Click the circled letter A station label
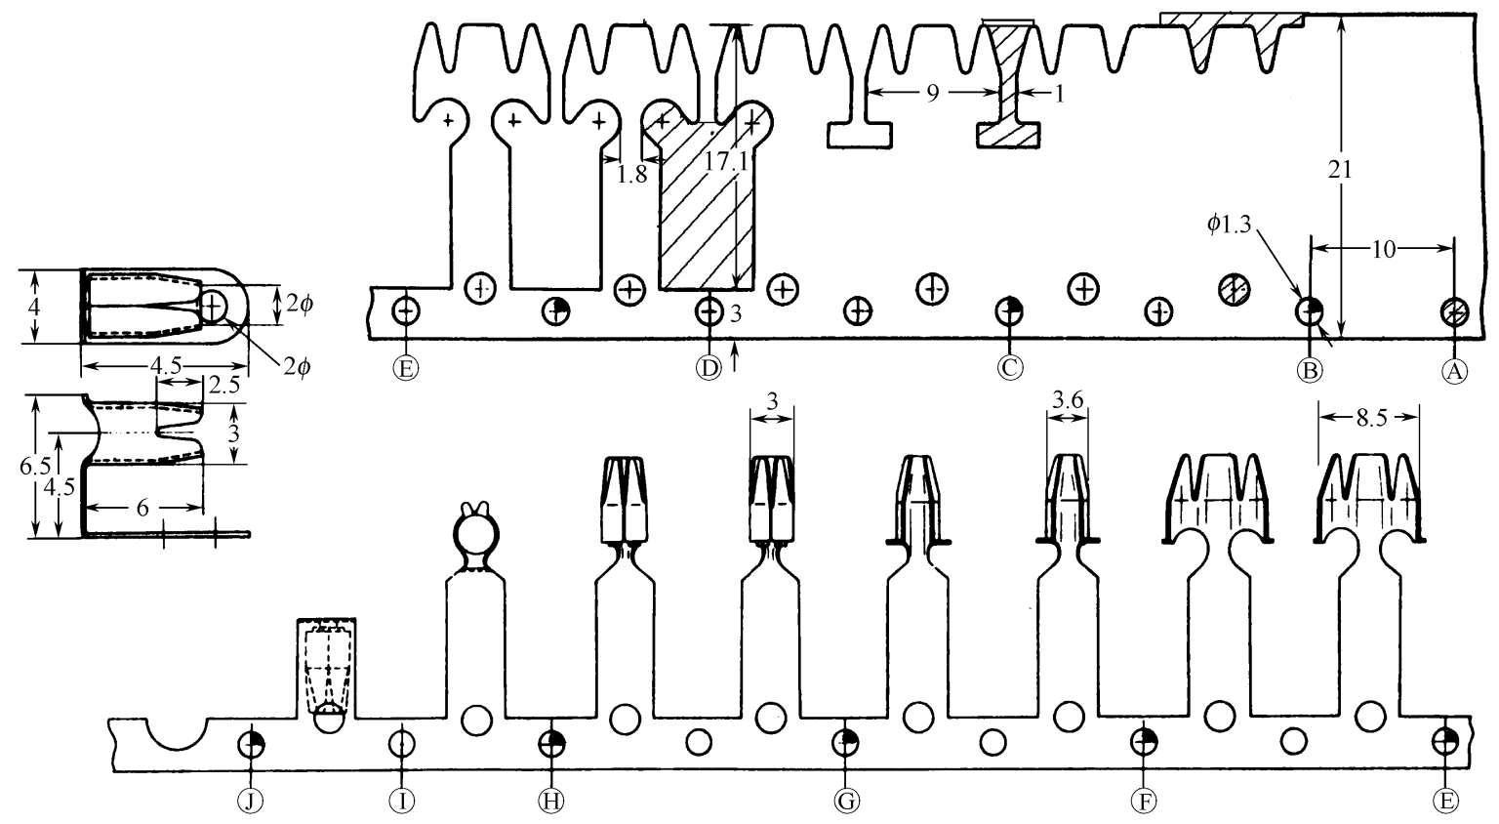pos(1453,370)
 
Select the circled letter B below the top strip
pos(1310,370)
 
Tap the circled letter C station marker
pos(1010,367)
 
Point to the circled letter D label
pos(709,367)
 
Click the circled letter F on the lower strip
pos(1145,801)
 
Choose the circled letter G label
pos(846,801)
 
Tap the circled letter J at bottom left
pos(251,801)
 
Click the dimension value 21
pos(1340,170)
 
